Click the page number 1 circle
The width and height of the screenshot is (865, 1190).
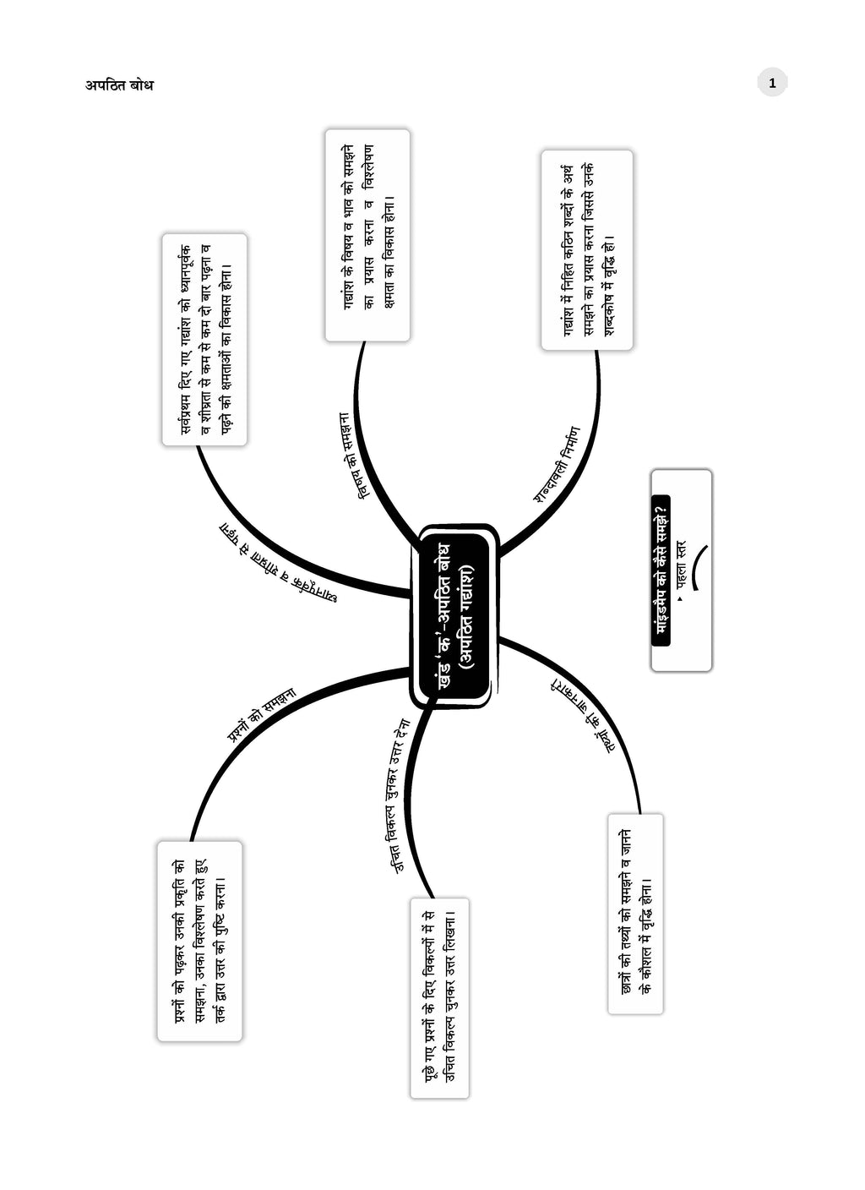click(772, 83)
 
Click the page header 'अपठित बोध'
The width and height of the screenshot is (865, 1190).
click(119, 85)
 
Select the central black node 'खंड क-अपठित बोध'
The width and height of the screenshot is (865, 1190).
click(454, 616)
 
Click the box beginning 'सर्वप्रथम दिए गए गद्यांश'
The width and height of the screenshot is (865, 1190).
click(204, 340)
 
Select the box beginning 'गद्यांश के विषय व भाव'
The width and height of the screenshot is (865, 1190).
click(367, 235)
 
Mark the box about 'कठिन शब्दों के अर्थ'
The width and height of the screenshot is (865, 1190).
click(587, 250)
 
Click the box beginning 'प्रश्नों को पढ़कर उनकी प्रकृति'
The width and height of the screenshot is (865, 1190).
click(199, 941)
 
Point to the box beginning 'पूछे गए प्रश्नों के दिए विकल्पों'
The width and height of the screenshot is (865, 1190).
click(439, 997)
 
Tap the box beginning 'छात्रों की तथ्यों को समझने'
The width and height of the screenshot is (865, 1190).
click(635, 914)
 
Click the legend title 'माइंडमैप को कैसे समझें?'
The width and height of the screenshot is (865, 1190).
click(661, 570)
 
